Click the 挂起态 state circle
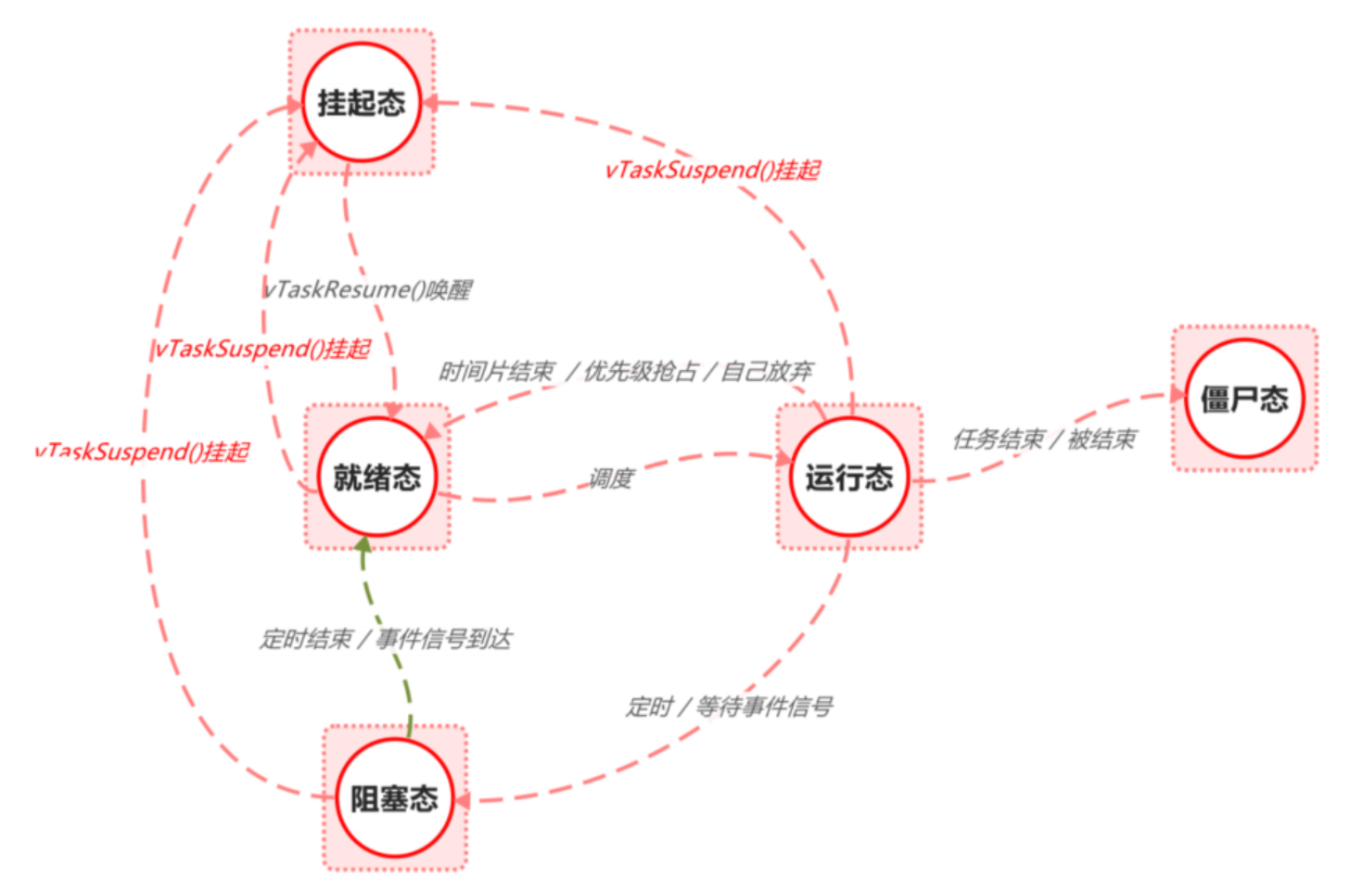pos(362,102)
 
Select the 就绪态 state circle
pos(376,477)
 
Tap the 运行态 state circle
pos(848,477)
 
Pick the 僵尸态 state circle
pos(1243,399)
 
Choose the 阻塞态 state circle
pos(394,798)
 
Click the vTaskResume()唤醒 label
pos(368,290)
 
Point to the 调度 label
pos(611,478)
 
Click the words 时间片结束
pos(496,372)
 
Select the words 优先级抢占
pos(641,372)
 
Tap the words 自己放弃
pos(767,372)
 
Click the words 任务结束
pos(998,439)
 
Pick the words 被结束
pos(1102,439)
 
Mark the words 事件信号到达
pos(444,639)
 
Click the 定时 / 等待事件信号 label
pos(729,707)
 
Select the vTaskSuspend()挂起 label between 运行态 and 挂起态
pos(713,170)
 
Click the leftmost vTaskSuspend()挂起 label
pos(142,452)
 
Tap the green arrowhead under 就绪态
pos(364,544)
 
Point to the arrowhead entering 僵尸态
pos(1178,395)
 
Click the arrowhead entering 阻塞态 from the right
pos(462,799)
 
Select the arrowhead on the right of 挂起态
pos(430,102)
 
